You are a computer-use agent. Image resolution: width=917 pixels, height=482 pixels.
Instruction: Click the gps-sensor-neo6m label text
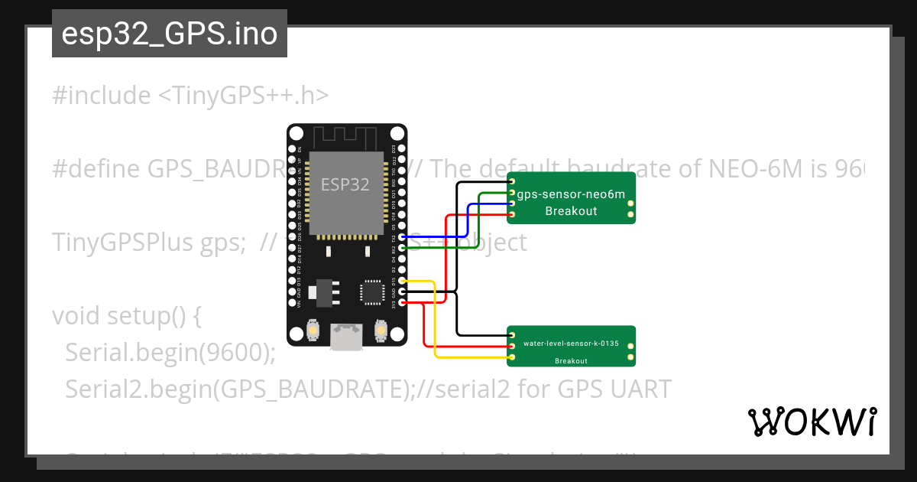coord(571,194)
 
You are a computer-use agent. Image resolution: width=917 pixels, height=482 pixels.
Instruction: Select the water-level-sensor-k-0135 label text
coord(571,344)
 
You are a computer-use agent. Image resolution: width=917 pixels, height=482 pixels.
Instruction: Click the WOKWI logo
coord(812,422)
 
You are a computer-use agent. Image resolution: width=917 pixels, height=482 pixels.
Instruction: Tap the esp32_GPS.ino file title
coord(169,34)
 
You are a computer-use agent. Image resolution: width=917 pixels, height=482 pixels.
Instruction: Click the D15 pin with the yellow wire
coord(403,282)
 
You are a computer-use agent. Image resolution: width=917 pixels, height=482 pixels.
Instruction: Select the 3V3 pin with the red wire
coord(403,302)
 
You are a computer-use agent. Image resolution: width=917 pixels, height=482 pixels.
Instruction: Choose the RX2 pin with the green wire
coord(403,249)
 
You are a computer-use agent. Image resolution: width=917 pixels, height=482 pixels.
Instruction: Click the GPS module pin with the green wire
coord(512,194)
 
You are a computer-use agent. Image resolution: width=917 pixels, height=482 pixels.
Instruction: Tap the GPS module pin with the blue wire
coord(512,204)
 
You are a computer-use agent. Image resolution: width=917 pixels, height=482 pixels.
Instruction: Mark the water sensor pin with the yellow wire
coord(512,357)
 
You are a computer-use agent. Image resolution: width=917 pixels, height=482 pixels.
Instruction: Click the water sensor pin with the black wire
coord(512,335)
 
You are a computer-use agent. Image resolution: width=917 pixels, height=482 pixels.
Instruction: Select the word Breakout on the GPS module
coord(571,211)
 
